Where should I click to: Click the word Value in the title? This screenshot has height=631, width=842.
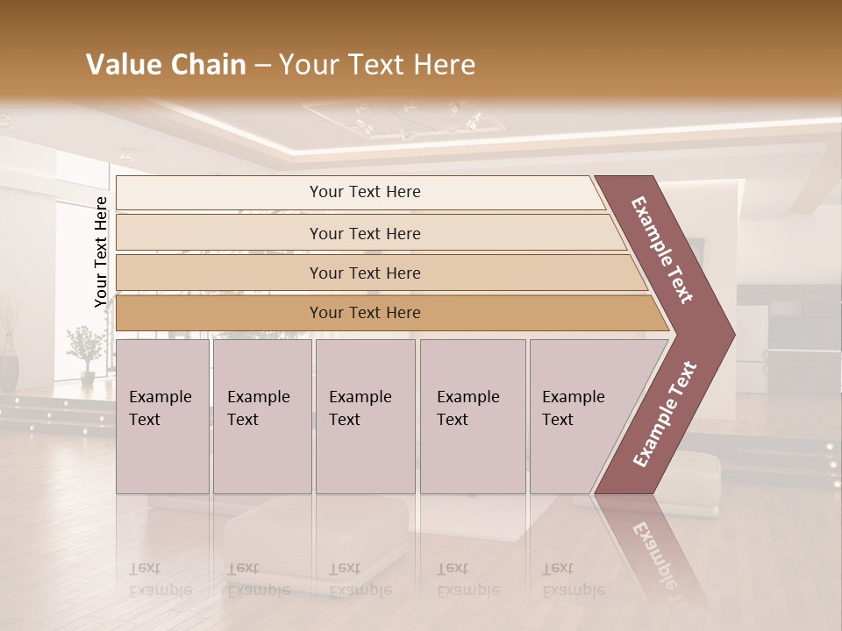[122, 65]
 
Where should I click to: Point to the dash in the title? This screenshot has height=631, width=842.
[261, 66]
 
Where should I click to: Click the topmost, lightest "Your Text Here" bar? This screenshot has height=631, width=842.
[365, 192]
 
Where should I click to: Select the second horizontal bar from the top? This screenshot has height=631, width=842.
[365, 233]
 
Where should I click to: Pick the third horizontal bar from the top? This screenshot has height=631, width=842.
[365, 273]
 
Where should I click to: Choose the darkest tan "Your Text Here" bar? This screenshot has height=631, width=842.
[365, 313]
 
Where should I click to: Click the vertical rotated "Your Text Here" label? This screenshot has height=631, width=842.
[101, 252]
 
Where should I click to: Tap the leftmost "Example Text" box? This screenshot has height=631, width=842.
[162, 416]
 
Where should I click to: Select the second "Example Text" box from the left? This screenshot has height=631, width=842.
[261, 416]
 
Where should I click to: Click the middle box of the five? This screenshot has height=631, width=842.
[365, 416]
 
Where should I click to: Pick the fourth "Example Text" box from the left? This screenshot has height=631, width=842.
[472, 416]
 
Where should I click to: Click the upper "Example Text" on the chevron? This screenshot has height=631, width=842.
[662, 250]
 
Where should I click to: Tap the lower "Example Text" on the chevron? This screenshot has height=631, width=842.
[664, 414]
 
